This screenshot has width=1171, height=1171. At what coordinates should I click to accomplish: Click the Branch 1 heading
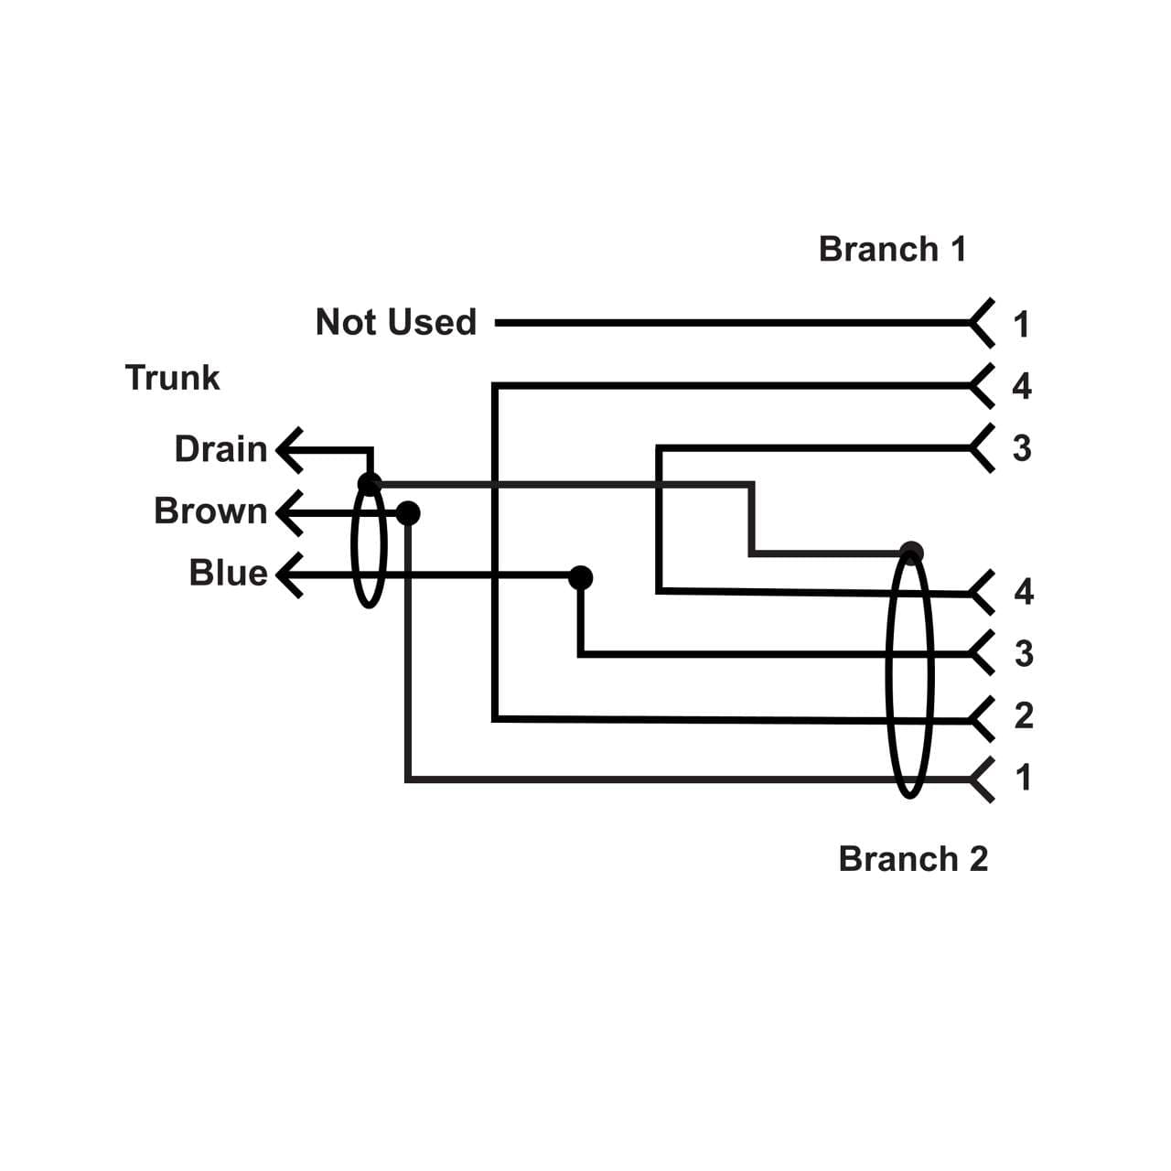pyautogui.click(x=892, y=249)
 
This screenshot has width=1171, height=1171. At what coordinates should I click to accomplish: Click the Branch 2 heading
pyautogui.click(x=913, y=859)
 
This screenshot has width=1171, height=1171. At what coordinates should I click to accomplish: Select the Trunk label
pyautogui.click(x=172, y=377)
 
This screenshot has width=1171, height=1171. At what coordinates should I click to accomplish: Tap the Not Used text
pyautogui.click(x=396, y=322)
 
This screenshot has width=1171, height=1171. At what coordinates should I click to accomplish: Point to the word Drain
pyautogui.click(x=220, y=449)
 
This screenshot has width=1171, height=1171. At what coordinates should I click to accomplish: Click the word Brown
pyautogui.click(x=210, y=510)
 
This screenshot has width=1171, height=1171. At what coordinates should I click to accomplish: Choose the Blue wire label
pyautogui.click(x=228, y=573)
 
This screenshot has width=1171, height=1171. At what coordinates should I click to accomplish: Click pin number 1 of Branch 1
pyautogui.click(x=1022, y=324)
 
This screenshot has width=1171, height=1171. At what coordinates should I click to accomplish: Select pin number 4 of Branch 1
pyautogui.click(x=1022, y=386)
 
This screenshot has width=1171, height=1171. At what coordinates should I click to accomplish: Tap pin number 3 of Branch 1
pyautogui.click(x=1022, y=448)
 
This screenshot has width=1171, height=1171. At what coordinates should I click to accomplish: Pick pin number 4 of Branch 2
pyautogui.click(x=1024, y=592)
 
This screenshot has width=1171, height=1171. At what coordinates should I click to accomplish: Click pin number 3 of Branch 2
pyautogui.click(x=1024, y=653)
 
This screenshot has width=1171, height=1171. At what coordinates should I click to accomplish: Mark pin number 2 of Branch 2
pyautogui.click(x=1024, y=714)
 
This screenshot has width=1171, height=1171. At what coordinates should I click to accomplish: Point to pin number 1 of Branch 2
pyautogui.click(x=1024, y=777)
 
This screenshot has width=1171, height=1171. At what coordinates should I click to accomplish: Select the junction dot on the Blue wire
pyautogui.click(x=580, y=577)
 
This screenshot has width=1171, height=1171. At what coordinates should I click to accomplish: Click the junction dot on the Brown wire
pyautogui.click(x=408, y=513)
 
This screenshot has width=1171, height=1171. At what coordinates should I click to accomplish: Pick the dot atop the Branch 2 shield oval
pyautogui.click(x=911, y=552)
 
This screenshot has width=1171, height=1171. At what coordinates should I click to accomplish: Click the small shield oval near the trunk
pyautogui.click(x=369, y=549)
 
